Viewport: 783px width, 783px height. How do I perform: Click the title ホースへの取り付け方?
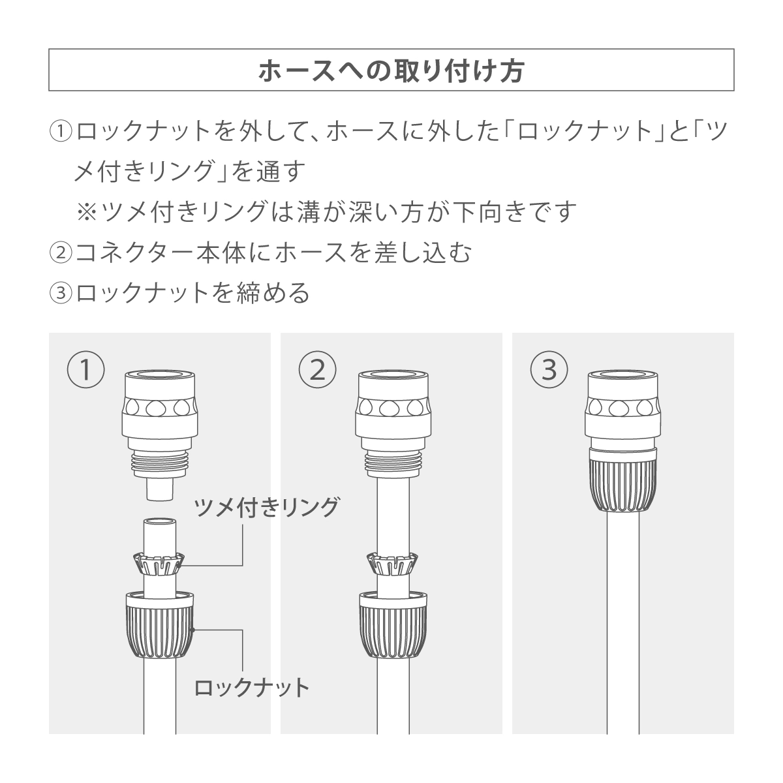(x=391, y=70)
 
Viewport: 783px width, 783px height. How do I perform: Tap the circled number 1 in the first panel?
(x=85, y=370)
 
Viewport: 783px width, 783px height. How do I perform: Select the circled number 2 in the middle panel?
(x=317, y=370)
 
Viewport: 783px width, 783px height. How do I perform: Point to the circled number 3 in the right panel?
(x=549, y=370)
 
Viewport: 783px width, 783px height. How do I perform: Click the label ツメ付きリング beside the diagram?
(x=267, y=508)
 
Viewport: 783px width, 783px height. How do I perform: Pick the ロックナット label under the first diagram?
(x=252, y=688)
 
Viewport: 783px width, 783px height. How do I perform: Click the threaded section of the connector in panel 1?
(x=160, y=465)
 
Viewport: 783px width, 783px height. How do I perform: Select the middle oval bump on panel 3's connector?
(x=622, y=408)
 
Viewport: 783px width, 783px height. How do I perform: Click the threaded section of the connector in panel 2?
(x=393, y=465)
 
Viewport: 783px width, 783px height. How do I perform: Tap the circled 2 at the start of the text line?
(x=61, y=253)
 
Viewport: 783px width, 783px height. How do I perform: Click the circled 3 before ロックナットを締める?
(x=61, y=292)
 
